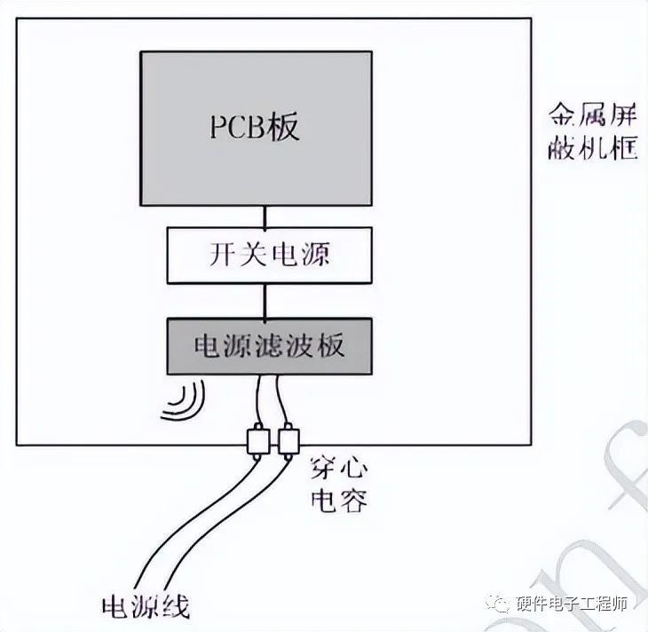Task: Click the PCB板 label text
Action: coord(255,127)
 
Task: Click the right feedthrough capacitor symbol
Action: coord(288,440)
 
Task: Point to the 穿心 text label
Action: coord(337,468)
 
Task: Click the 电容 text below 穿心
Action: coord(337,502)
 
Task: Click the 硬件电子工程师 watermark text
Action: coord(573,604)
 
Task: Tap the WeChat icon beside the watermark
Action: coord(502,604)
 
